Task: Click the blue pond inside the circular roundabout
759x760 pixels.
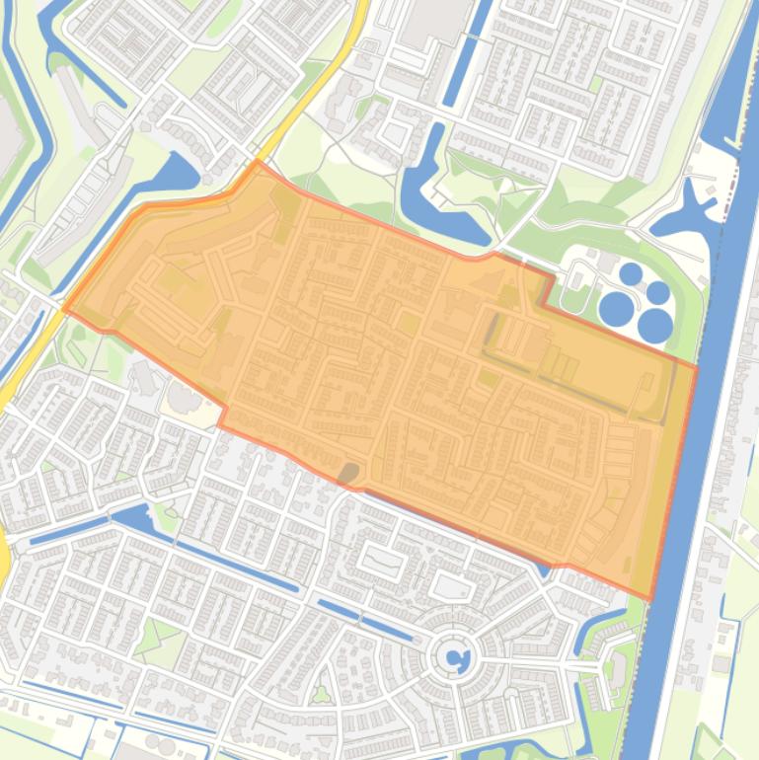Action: click(455, 656)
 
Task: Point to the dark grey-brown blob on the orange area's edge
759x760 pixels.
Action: click(347, 475)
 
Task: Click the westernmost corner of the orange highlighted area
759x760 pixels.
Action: click(65, 309)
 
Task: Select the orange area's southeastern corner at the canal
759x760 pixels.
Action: click(650, 597)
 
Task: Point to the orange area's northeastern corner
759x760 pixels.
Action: click(696, 366)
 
